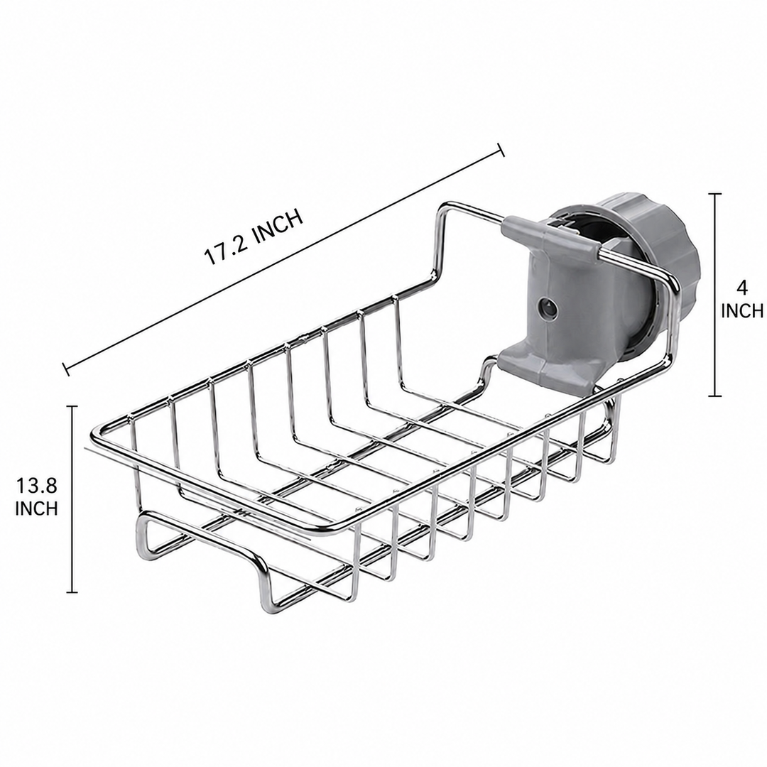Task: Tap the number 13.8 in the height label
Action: coord(37,486)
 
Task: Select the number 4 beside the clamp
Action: coord(742,288)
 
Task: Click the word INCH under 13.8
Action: coord(37,508)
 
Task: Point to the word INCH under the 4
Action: coord(742,310)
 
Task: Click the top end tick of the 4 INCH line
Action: coord(715,194)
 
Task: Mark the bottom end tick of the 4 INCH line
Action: coord(715,396)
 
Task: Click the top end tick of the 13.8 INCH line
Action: coord(72,406)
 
